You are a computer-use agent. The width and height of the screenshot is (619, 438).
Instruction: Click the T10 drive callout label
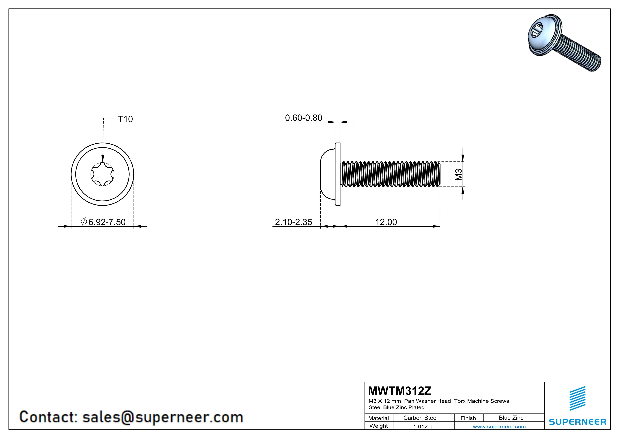(125, 119)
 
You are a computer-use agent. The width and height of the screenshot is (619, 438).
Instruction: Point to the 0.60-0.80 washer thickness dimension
(304, 118)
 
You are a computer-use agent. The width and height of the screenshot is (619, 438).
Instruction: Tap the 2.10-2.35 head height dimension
(294, 222)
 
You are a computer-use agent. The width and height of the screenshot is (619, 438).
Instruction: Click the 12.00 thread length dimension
(386, 222)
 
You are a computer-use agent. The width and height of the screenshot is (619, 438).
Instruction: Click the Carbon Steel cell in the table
(420, 418)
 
